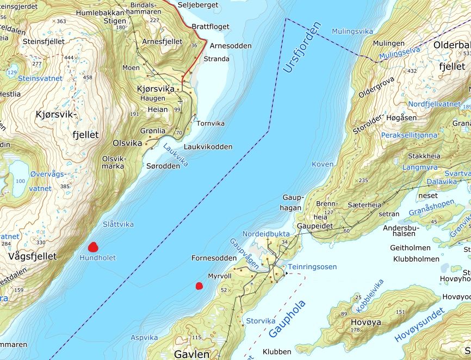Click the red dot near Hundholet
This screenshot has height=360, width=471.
(93, 246)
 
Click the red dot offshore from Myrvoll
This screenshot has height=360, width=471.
(199, 285)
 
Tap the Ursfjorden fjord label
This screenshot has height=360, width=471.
(302, 48)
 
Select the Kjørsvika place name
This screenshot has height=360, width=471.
(157, 89)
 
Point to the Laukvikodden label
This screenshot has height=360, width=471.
(208, 147)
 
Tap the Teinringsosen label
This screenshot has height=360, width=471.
(312, 267)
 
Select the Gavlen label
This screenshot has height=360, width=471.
(191, 354)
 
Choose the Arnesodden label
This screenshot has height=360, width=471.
(230, 46)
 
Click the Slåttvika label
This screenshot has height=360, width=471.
(118, 225)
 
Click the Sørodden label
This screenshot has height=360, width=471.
(163, 166)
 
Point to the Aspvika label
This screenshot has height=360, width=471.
(144, 338)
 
